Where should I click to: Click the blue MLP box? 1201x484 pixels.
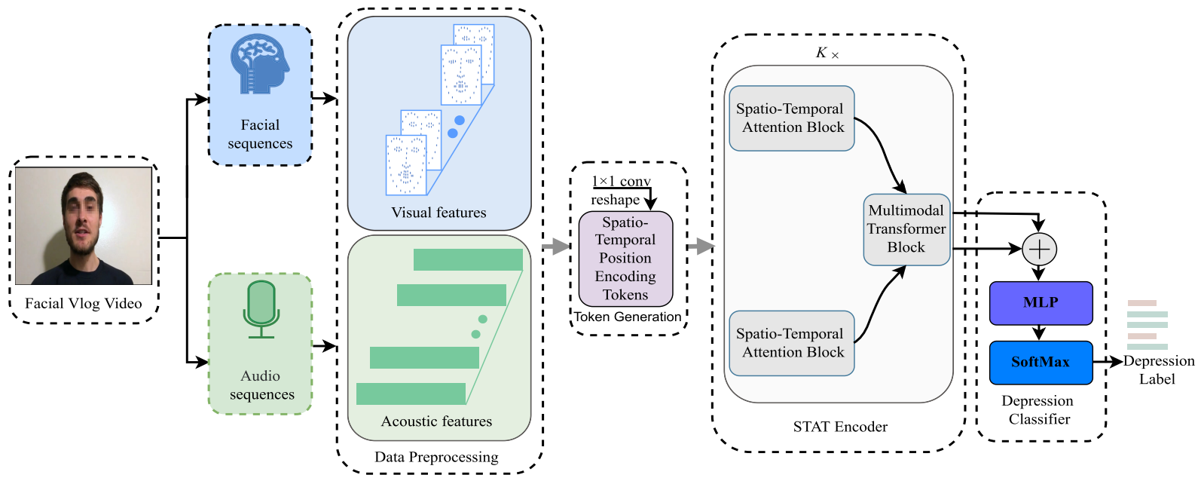pyautogui.click(x=1041, y=303)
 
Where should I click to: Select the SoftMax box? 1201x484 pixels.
pyautogui.click(x=1041, y=363)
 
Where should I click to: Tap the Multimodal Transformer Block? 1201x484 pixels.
pyautogui.click(x=906, y=229)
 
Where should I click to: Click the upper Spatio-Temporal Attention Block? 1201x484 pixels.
pyautogui.click(x=791, y=118)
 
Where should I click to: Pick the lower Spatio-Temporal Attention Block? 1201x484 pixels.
pyautogui.click(x=791, y=343)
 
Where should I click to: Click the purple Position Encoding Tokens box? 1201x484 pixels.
pyautogui.click(x=625, y=259)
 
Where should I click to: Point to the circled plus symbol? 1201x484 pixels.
pyautogui.click(x=1040, y=250)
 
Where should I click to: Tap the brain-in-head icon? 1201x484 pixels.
pyautogui.click(x=260, y=64)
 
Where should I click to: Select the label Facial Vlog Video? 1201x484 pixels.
pyautogui.click(x=83, y=304)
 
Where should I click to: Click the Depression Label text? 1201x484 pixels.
pyautogui.click(x=1158, y=370)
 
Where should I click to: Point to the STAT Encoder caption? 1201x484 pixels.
pyautogui.click(x=840, y=427)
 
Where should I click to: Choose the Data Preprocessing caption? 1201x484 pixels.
pyautogui.click(x=436, y=458)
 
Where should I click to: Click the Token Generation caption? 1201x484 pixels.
pyautogui.click(x=628, y=317)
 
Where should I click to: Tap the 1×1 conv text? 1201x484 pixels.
pyautogui.click(x=621, y=182)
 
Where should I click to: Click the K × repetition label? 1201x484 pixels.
pyautogui.click(x=827, y=54)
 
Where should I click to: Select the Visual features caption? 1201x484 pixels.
pyautogui.click(x=439, y=213)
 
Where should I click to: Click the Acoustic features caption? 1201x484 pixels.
pyautogui.click(x=436, y=422)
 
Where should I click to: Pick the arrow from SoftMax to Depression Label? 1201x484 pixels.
pyautogui.click(x=1108, y=362)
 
